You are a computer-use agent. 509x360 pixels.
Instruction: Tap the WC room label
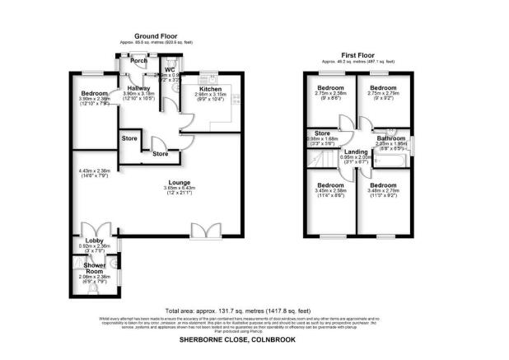[x=170, y=69]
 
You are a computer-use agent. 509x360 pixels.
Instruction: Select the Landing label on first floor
[x=356, y=152]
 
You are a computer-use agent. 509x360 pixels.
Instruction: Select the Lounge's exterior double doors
[x=200, y=230]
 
